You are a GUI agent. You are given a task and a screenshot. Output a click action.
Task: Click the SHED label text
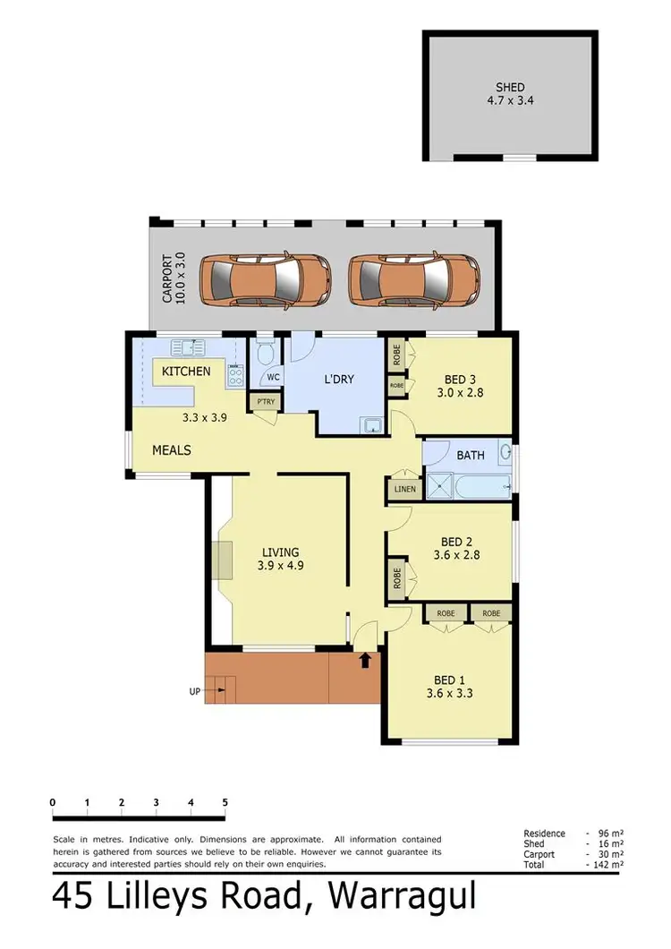(510, 88)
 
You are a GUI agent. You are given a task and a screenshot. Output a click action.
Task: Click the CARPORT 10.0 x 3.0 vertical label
(173, 278)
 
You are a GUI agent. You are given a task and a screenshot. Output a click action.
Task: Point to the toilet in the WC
(263, 356)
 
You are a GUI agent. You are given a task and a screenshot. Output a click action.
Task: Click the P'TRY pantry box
(265, 403)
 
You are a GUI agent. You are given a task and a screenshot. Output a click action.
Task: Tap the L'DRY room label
(338, 380)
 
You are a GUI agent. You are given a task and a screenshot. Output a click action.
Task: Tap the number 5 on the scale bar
(225, 802)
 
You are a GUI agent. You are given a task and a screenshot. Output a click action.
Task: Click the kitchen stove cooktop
(235, 377)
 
